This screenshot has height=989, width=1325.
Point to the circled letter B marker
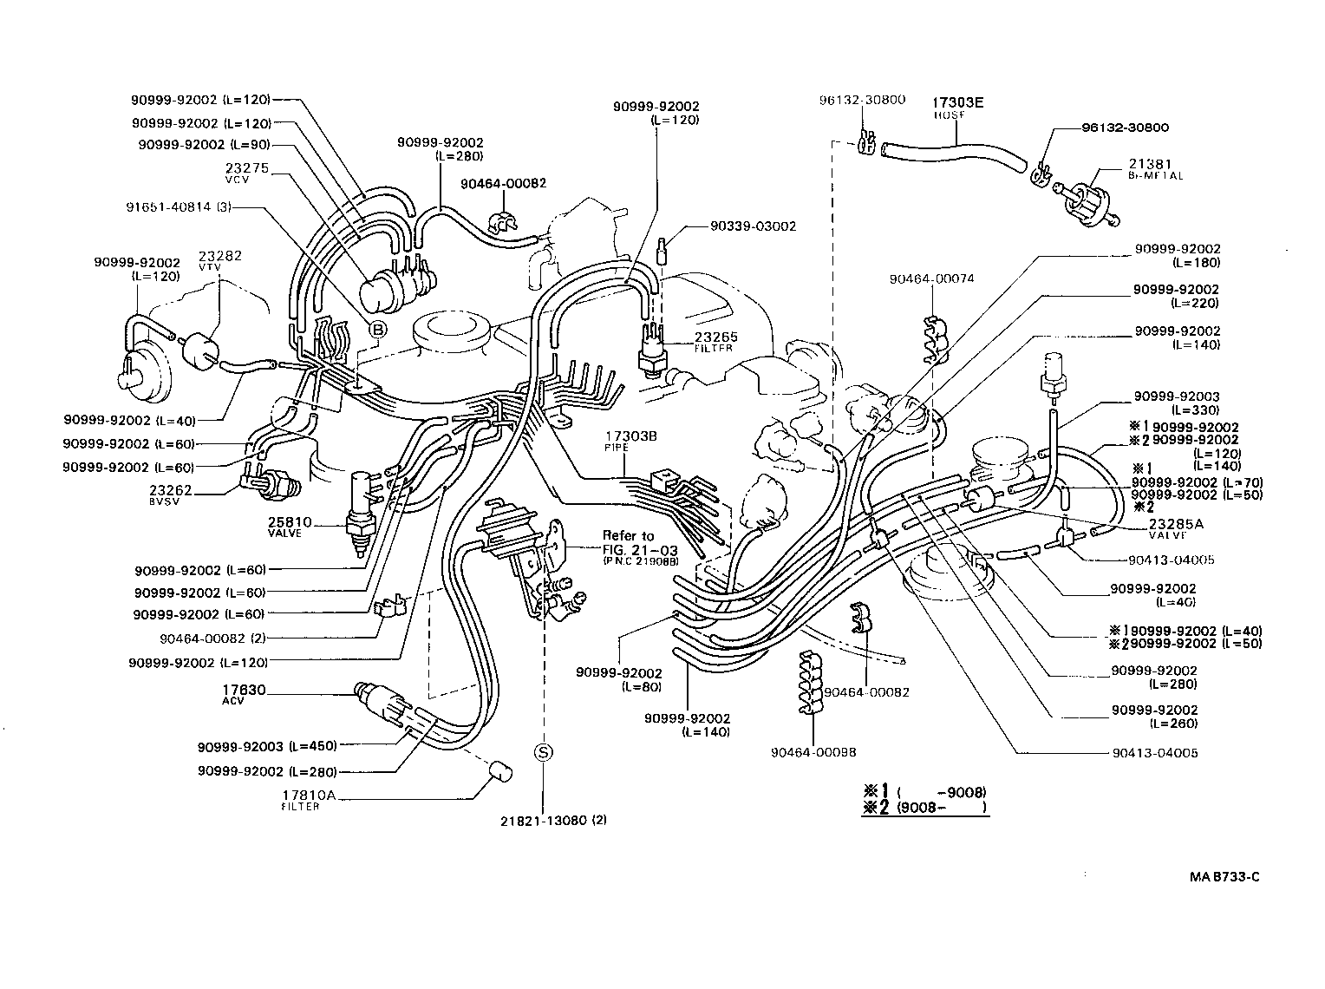pos(378,328)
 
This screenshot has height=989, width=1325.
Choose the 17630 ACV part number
pos(244,691)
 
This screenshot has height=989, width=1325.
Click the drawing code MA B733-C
pos(1224,877)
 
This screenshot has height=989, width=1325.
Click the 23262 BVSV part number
pos(170,490)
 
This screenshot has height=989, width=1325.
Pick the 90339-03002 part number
pos(752,226)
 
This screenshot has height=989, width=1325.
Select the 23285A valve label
pos(1175,524)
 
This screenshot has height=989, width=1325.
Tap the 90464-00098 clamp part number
pos(813,753)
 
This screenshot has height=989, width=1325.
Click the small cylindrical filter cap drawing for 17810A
pos(504,772)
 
